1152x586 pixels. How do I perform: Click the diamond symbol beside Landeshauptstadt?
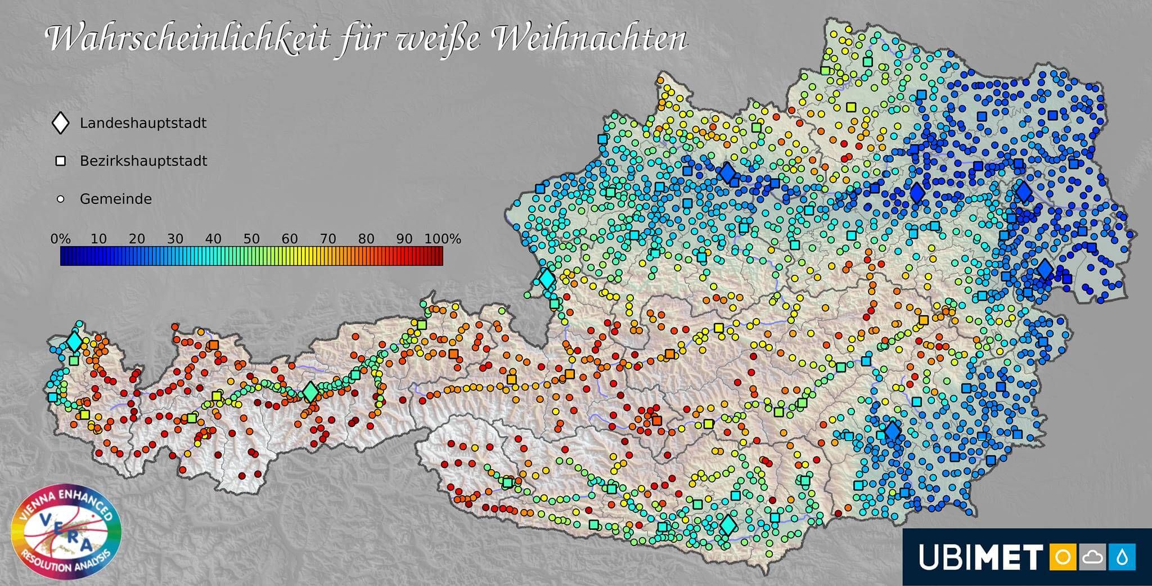click(x=60, y=123)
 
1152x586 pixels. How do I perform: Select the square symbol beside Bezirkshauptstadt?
click(x=60, y=161)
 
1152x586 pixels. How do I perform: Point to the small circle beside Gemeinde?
click(x=61, y=199)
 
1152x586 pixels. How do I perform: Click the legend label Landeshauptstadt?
click(x=143, y=123)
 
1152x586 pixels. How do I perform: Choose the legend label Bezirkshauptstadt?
click(x=143, y=161)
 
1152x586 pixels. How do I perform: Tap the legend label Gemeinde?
click(x=115, y=199)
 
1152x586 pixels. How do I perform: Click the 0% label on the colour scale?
click(x=60, y=239)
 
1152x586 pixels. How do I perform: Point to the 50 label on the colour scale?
click(x=251, y=239)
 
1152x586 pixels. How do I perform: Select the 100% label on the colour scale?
click(x=443, y=239)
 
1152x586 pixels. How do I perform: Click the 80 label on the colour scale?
click(x=366, y=239)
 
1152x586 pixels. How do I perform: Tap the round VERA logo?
click(x=66, y=532)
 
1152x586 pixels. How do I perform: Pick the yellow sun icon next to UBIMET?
click(x=1063, y=557)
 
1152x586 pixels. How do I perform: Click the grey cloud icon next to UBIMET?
click(x=1092, y=557)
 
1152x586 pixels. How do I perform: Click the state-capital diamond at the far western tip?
click(x=74, y=342)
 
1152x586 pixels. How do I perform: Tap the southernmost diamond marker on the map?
click(x=728, y=525)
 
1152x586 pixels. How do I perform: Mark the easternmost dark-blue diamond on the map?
click(x=1045, y=270)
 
